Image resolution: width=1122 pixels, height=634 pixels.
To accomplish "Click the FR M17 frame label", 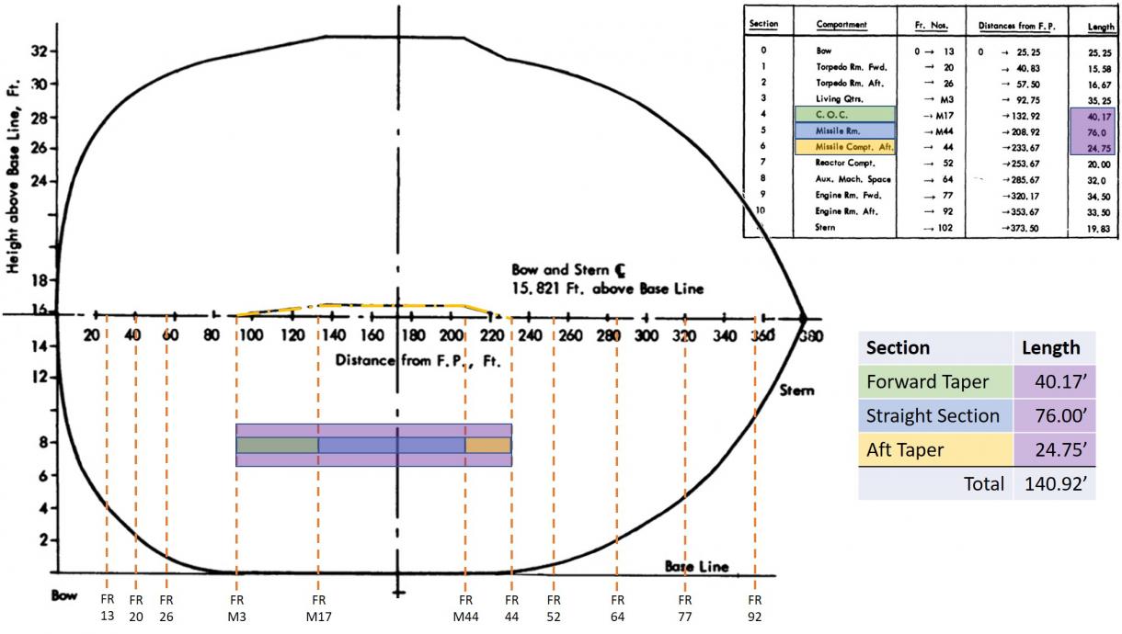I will pos(318,608).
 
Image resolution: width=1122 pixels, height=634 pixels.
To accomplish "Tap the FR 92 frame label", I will pos(755,608).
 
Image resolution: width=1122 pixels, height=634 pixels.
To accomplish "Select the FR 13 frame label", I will pos(107,608).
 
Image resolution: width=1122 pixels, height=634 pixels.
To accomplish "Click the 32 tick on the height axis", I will pos(39,51).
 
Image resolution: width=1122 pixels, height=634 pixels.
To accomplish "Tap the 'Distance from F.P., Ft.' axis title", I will pos(418,360).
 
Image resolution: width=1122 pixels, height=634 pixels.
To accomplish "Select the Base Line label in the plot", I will pos(696,566).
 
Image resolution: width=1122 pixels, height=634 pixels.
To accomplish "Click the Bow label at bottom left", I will pos(64,594).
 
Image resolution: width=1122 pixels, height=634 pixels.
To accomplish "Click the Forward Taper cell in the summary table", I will pos(933,381).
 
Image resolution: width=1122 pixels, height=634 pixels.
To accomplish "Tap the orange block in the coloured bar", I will pos(487,445).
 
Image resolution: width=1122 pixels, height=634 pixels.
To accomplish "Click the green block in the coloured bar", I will pos(277,445).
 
